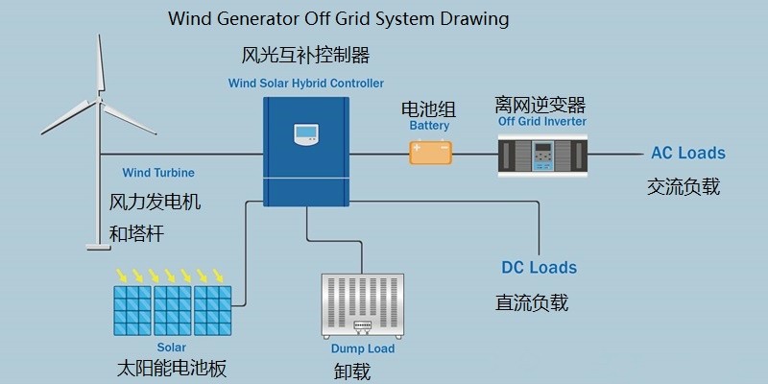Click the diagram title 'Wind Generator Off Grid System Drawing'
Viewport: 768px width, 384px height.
[338, 19]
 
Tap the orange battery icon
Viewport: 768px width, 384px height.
[430, 152]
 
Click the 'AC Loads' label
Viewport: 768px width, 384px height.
[688, 153]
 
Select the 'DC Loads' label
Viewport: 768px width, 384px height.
[540, 267]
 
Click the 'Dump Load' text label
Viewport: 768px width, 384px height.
[363, 348]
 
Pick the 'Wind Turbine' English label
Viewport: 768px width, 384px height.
[158, 174]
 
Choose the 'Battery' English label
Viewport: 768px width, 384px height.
[429, 126]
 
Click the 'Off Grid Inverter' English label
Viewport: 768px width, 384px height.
[542, 122]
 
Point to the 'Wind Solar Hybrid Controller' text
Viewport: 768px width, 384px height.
[305, 84]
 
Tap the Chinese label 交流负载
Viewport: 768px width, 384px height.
[684, 186]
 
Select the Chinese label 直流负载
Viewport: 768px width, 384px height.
[532, 302]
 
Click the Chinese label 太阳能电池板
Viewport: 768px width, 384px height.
[170, 368]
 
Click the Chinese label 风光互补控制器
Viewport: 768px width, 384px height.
[306, 54]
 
